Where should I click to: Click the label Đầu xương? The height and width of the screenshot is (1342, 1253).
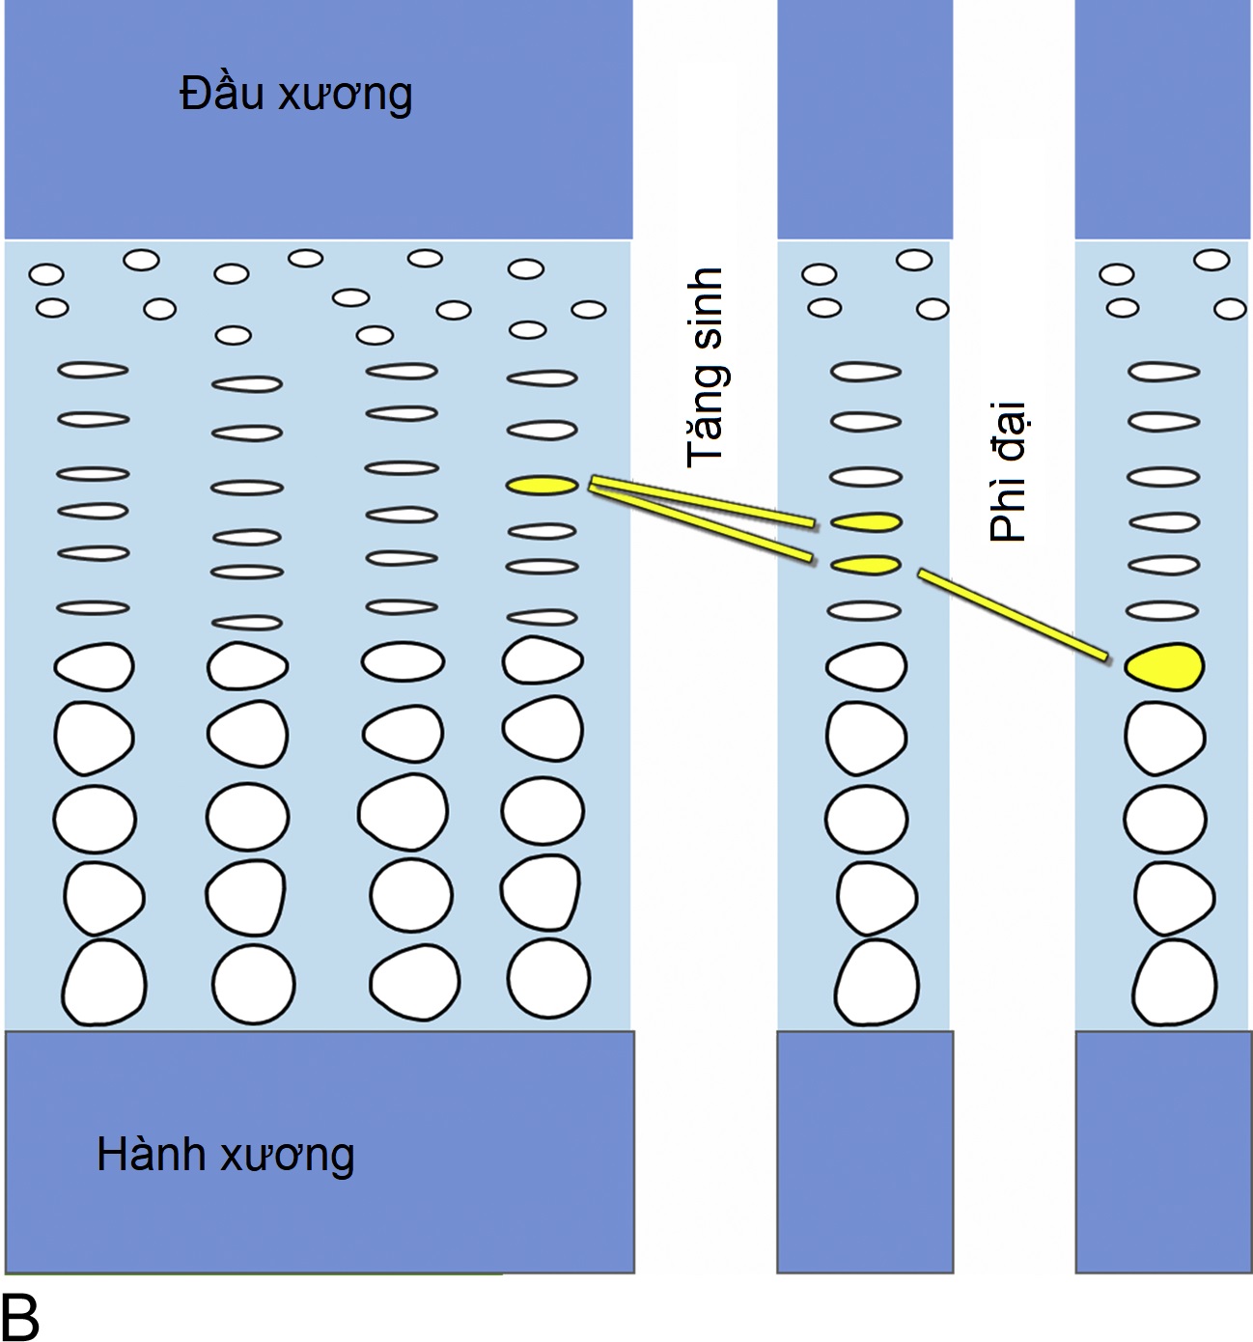point(296,95)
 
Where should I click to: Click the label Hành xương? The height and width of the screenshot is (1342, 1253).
point(226,1155)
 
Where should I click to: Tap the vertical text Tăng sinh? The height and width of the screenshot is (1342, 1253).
point(706,368)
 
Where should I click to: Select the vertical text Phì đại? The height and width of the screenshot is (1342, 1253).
point(1009,472)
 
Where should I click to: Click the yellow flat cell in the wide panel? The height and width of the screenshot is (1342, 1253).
point(542,485)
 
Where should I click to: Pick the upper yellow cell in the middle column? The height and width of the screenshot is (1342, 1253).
point(866,522)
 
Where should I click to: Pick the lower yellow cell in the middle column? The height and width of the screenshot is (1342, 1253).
point(866,565)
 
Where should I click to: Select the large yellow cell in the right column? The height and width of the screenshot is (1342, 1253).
point(1164,666)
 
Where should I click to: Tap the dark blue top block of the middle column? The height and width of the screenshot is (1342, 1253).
point(865,119)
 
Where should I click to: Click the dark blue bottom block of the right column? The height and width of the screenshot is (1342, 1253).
point(1163,1151)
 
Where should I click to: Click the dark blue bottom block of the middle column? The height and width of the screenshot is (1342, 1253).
point(865,1151)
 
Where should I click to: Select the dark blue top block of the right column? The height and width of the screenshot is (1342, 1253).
point(1163,119)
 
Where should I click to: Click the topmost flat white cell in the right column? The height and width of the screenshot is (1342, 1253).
point(1164,372)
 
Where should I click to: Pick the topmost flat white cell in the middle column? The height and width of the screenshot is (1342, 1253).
point(866,372)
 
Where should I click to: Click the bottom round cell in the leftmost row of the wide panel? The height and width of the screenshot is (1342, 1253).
point(104,982)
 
